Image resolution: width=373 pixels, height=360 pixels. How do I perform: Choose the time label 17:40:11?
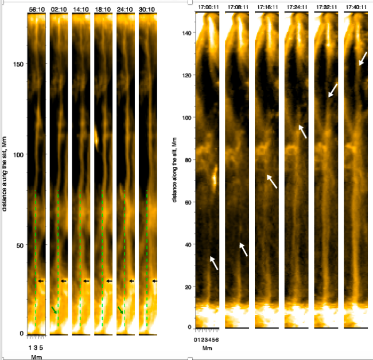coord(354,7)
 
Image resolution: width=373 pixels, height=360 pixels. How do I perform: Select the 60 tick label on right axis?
coord(187,202)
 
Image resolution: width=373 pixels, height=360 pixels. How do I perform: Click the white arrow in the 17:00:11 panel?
coord(213,263)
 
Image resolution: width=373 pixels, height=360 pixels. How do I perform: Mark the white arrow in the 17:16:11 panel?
coord(272,181)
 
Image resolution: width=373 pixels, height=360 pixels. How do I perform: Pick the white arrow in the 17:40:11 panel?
coord(363,58)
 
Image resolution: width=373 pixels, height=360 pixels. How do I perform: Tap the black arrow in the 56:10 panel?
coord(41,281)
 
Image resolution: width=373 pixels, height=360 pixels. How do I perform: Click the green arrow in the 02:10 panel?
coord(54,310)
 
